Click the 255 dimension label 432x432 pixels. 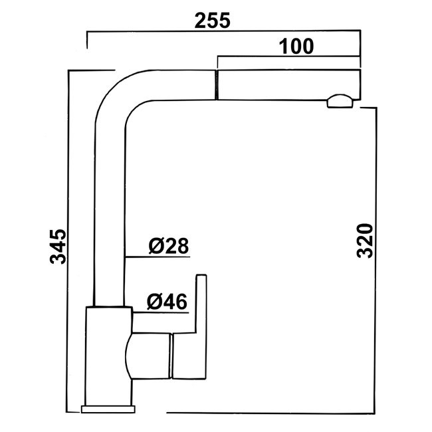(x=212, y=21)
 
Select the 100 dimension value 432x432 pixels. (x=296, y=47)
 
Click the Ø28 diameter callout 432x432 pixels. (x=169, y=245)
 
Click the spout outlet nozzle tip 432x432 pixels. (x=340, y=101)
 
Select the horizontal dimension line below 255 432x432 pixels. (x=223, y=31)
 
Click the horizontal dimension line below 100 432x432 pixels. (x=287, y=56)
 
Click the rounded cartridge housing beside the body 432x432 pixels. (x=149, y=356)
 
